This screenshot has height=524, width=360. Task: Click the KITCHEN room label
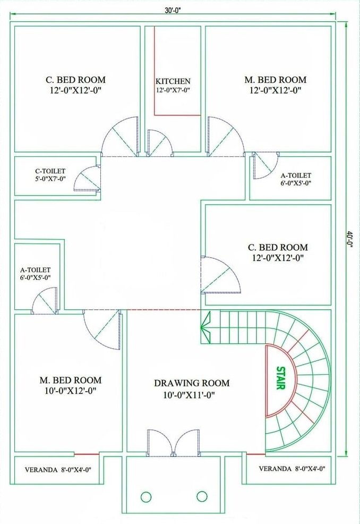pyautogui.click(x=173, y=81)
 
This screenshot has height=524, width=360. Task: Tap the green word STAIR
pyautogui.click(x=280, y=378)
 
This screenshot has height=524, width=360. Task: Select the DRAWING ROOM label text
pyautogui.click(x=192, y=383)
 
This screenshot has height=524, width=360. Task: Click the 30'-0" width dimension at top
pyautogui.click(x=173, y=10)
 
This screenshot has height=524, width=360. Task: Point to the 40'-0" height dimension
pyautogui.click(x=349, y=239)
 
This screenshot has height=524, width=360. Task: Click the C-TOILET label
pyautogui.click(x=50, y=172)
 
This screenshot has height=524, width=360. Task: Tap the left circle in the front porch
pyautogui.click(x=146, y=497)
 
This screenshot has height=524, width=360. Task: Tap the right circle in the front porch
pyautogui.click(x=202, y=496)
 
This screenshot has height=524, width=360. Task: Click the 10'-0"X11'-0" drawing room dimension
pyautogui.click(x=189, y=395)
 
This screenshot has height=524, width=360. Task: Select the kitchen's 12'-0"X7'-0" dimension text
pyautogui.click(x=173, y=90)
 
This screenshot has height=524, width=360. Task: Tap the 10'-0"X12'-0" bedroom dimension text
pyautogui.click(x=71, y=391)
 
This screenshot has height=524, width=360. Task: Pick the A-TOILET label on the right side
pyautogui.click(x=296, y=175)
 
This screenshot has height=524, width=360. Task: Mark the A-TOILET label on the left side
pyautogui.click(x=36, y=269)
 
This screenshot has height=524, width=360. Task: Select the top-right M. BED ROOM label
pyautogui.click(x=275, y=80)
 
